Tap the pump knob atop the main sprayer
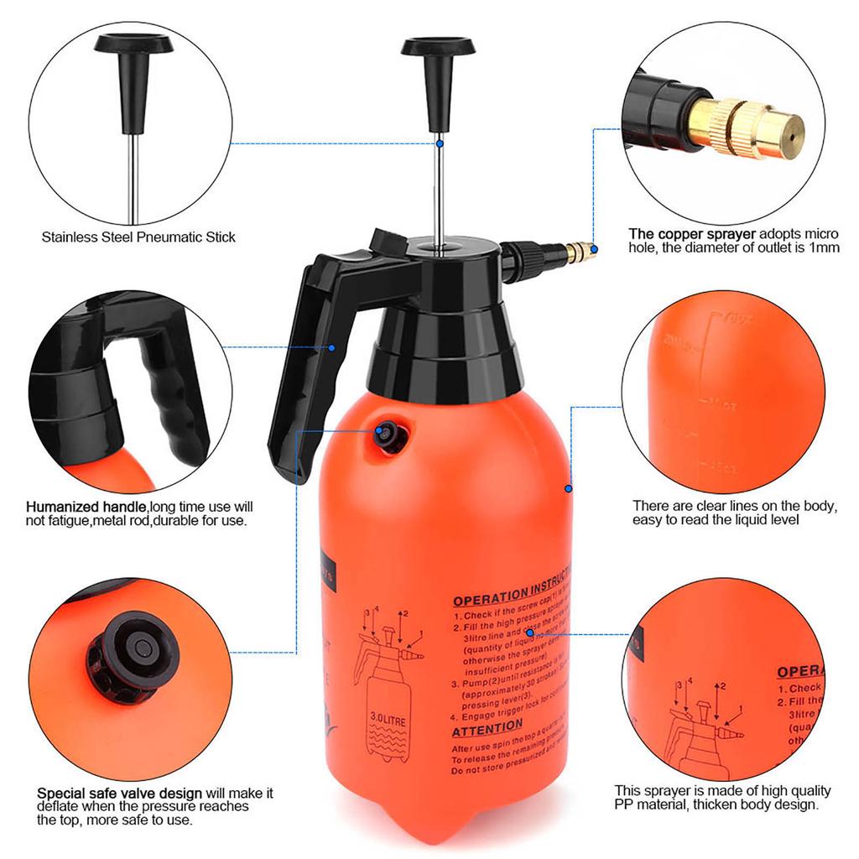point(438,48)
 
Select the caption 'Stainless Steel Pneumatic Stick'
point(138,237)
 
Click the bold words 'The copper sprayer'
point(692,233)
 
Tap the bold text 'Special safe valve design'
point(119,793)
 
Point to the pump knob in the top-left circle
point(133,46)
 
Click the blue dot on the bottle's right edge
point(568,488)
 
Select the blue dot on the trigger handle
point(332,347)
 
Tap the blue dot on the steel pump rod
point(438,143)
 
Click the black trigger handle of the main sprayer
point(302,369)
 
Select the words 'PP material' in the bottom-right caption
point(653,805)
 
